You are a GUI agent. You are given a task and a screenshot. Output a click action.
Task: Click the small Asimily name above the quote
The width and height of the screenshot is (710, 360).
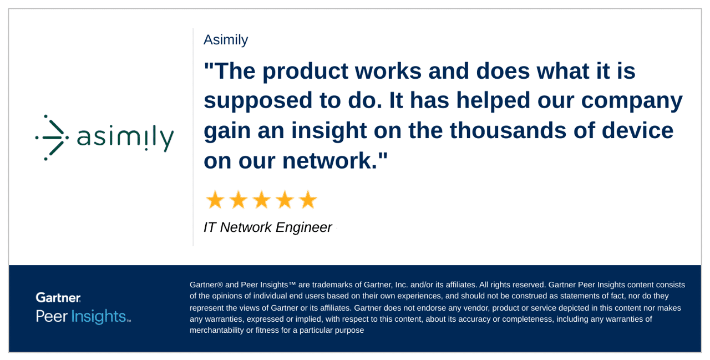226,40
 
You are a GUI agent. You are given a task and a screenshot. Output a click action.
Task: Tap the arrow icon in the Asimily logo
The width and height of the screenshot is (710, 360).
52,138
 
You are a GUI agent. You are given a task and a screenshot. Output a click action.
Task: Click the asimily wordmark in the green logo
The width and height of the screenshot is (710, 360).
125,138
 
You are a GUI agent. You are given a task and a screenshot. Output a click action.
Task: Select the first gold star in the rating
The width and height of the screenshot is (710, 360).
215,200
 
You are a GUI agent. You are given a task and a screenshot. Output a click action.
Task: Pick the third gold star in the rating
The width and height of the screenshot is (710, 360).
262,200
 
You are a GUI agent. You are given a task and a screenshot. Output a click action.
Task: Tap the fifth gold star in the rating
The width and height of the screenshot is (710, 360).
308,200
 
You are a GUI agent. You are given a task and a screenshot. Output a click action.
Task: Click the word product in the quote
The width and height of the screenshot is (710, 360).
305,72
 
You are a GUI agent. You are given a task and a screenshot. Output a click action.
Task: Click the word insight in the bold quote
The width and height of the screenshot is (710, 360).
329,130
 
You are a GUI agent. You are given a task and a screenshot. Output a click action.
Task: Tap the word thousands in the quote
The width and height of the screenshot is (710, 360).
508,130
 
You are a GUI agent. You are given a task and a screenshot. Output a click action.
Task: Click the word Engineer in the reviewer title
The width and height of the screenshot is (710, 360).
303,228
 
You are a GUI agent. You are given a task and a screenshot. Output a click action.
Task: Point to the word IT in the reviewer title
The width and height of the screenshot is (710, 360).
210,227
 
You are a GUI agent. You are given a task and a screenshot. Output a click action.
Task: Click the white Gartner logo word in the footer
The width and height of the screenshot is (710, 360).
58,297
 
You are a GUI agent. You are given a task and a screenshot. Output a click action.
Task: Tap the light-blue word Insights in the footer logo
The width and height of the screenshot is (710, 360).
99,317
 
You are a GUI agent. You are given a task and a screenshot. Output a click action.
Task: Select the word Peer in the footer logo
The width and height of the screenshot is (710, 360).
52,316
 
